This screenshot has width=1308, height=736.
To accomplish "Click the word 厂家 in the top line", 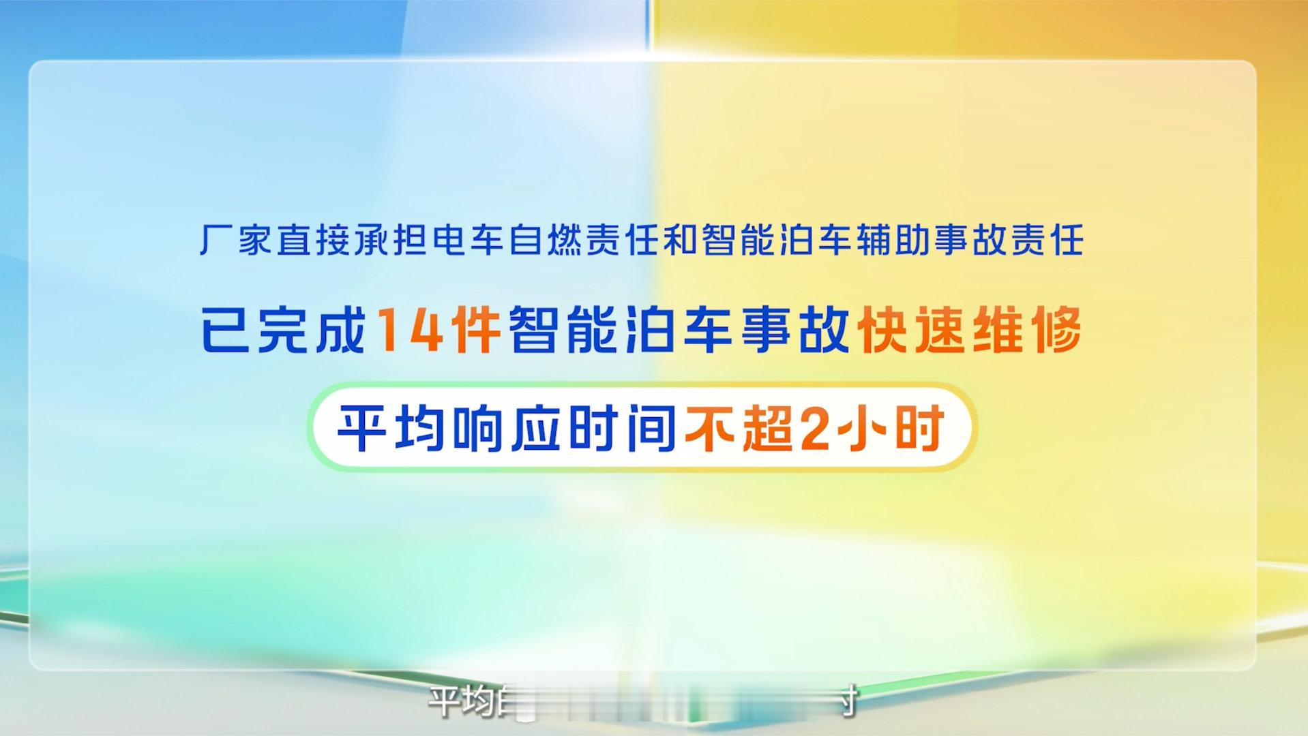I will (238, 241).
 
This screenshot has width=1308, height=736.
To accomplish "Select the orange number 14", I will (408, 330).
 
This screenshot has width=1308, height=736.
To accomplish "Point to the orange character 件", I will (477, 330).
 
